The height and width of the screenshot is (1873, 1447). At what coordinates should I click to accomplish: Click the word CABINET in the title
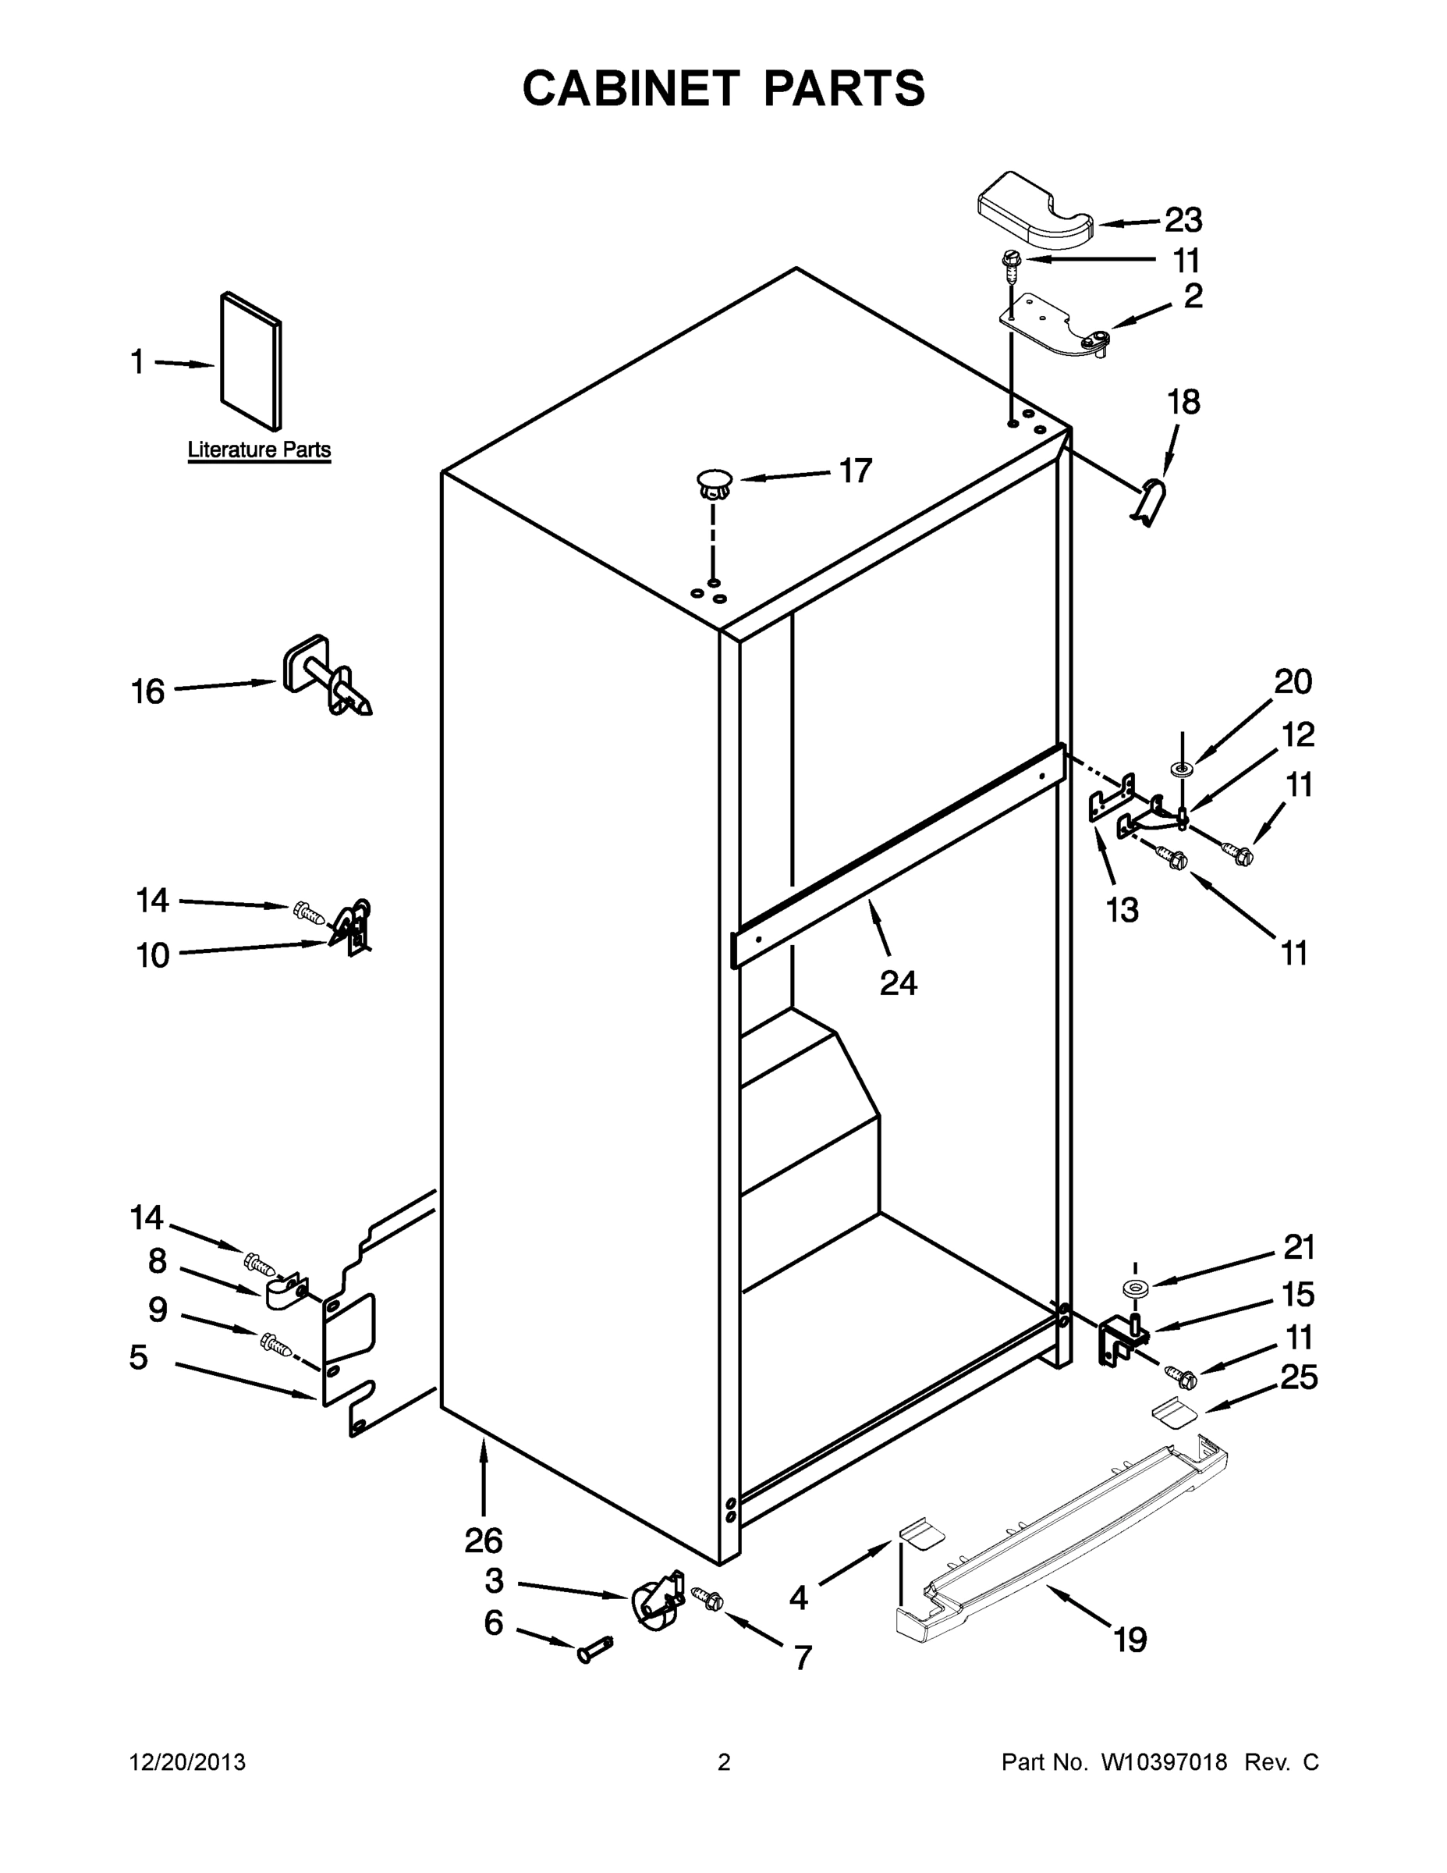pyautogui.click(x=630, y=88)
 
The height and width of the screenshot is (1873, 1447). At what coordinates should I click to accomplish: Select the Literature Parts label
pyautogui.click(x=259, y=450)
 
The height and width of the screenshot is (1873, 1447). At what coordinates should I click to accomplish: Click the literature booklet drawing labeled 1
pyautogui.click(x=250, y=361)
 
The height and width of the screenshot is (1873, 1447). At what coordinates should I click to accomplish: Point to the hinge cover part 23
pyautogui.click(x=1034, y=205)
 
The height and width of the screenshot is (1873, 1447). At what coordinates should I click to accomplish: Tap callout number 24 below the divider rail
pyautogui.click(x=898, y=983)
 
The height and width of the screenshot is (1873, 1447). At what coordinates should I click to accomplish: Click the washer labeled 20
pyautogui.click(x=1182, y=766)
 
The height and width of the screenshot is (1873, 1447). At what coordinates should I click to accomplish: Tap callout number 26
pyautogui.click(x=483, y=1541)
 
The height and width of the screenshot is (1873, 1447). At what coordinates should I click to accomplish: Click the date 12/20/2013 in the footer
pyautogui.click(x=187, y=1762)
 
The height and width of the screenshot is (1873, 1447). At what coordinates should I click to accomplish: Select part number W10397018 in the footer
pyautogui.click(x=1163, y=1762)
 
